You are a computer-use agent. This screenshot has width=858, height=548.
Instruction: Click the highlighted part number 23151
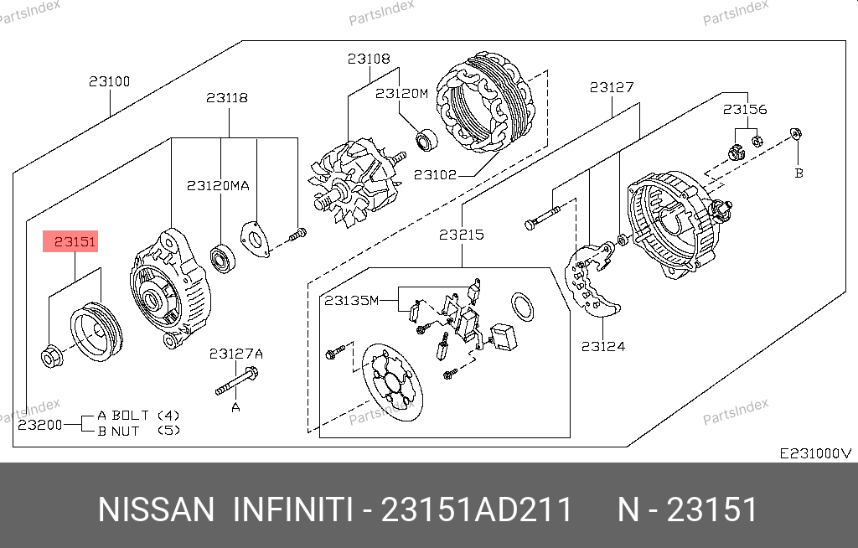coord(75,241)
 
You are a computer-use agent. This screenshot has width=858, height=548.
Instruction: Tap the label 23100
coord(110,81)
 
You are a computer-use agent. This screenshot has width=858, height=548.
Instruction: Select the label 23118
coord(227,98)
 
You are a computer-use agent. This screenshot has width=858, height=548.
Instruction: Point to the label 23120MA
coord(218,185)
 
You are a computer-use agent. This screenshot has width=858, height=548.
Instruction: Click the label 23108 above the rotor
coord(369,59)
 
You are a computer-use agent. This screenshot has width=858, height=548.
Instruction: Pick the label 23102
coord(435,174)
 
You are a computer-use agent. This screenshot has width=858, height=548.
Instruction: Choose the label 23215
coord(462,235)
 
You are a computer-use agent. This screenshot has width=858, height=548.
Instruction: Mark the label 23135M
coord(351,301)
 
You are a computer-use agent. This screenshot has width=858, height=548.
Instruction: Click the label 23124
coord(603,347)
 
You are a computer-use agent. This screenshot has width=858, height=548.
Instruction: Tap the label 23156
coord(745,110)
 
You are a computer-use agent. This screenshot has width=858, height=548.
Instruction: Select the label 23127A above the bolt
coord(235,354)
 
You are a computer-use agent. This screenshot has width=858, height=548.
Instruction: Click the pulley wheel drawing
coord(96,332)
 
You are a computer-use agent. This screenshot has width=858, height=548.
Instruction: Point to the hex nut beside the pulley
coord(52,358)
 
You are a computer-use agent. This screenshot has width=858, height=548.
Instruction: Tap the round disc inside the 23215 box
coord(392,383)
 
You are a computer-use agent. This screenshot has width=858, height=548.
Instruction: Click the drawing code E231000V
coord(815,453)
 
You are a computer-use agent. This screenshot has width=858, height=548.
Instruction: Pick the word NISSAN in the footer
coord(156,509)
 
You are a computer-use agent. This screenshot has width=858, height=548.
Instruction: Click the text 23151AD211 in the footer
coord(476,509)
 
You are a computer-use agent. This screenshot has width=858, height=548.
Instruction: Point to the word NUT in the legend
coord(126,432)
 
